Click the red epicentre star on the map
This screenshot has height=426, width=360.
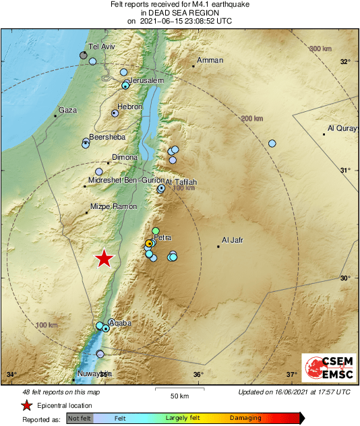coord(103,258)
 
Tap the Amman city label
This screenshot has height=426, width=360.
coord(210,60)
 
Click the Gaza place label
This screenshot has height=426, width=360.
coord(67,110)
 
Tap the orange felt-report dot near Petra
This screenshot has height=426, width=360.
coord(150,243)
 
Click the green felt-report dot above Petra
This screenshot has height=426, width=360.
coord(156,231)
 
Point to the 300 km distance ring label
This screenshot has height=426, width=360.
coord(322,49)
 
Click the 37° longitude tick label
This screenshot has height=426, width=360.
coord(291,375)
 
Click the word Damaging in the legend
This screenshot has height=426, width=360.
coord(245,418)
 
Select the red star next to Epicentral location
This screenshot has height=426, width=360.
coord(26,405)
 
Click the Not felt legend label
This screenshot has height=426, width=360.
coord(79,418)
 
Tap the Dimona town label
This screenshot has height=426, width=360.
coord(123,156)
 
